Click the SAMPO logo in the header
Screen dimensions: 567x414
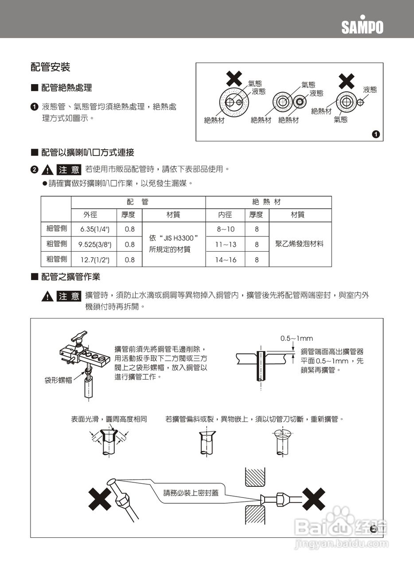[362, 26]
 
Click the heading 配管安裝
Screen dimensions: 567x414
[51, 67]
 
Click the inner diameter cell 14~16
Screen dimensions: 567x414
[226, 260]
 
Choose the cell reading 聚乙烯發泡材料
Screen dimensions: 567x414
[300, 244]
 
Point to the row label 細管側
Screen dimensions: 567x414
[57, 229]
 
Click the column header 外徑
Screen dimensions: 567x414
[90, 215]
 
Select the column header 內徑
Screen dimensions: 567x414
[225, 215]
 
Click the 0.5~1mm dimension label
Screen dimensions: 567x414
[297, 338]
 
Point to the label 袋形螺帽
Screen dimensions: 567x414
[58, 380]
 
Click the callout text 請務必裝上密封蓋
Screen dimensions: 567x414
[191, 493]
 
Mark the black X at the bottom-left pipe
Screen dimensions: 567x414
[100, 499]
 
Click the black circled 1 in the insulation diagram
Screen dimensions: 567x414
[375, 134]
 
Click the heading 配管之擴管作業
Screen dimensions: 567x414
[70, 277]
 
